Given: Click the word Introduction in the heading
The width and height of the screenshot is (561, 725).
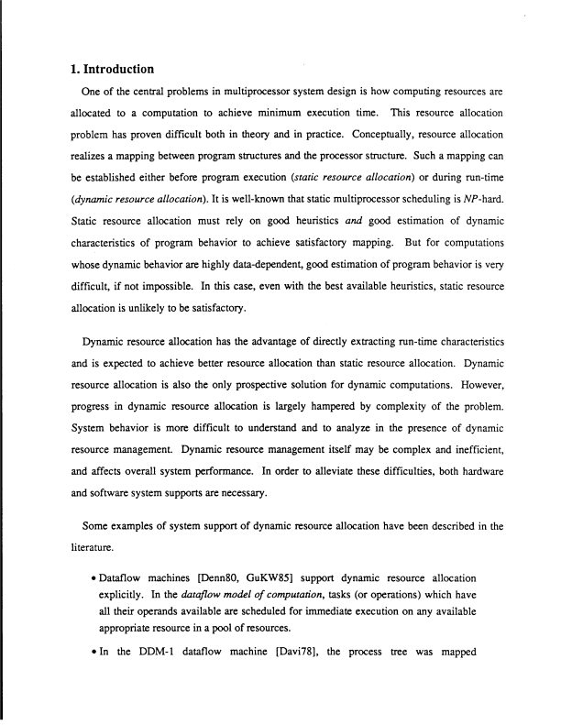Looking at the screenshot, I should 109,69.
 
